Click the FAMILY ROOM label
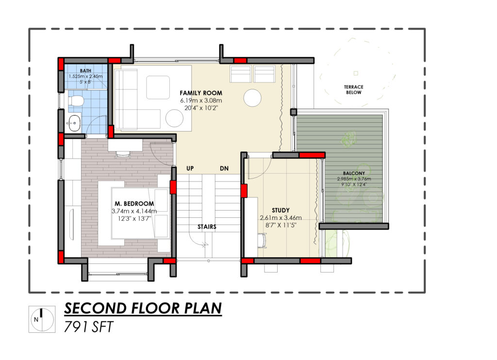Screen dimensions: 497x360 (201, 93)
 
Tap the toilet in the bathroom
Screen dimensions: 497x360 (75, 101)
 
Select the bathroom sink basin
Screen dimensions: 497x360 (74, 123)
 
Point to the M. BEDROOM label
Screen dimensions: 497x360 (134, 203)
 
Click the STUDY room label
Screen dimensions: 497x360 (281, 210)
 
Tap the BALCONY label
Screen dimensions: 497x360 (354, 173)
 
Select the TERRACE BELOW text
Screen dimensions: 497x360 (354, 89)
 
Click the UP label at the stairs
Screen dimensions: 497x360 (190, 168)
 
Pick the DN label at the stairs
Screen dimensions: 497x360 (224, 168)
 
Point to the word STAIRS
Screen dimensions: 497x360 (207, 227)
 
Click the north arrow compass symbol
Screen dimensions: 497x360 (42, 319)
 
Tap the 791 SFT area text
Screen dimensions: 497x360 (88, 327)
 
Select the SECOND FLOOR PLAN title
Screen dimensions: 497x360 (143, 309)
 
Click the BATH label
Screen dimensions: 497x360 (85, 71)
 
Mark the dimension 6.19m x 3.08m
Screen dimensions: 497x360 (201, 100)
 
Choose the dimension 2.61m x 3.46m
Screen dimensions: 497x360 (281, 218)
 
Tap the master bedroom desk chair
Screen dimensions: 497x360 (123, 155)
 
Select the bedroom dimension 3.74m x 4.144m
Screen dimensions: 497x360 (134, 211)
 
